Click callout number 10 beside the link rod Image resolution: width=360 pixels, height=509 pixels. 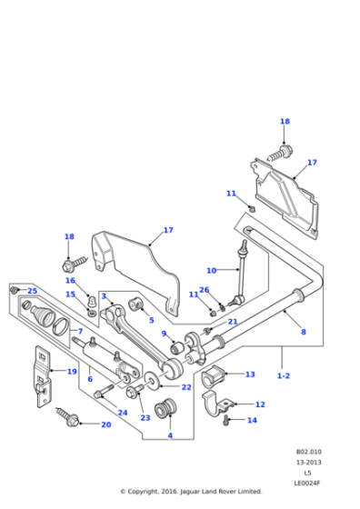[x=211, y=271]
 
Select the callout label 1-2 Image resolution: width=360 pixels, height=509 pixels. [x=283, y=374]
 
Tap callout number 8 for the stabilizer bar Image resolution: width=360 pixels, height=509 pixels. [x=303, y=332]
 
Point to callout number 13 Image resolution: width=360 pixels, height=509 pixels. [x=250, y=374]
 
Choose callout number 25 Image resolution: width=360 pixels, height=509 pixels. [x=33, y=291]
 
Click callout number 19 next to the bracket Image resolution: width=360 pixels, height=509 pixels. [x=72, y=371]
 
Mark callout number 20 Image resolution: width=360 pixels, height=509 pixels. [x=105, y=424]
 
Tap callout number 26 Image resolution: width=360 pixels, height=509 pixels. [x=205, y=290]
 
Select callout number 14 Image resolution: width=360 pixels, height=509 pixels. [x=252, y=420]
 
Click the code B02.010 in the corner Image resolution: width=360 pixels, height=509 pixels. [x=307, y=452]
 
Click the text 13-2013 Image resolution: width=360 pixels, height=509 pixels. [x=307, y=462]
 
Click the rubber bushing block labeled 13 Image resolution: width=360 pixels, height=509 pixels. [x=217, y=376]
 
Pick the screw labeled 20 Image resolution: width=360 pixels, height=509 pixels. [x=71, y=418]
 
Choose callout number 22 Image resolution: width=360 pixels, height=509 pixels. [x=186, y=387]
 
